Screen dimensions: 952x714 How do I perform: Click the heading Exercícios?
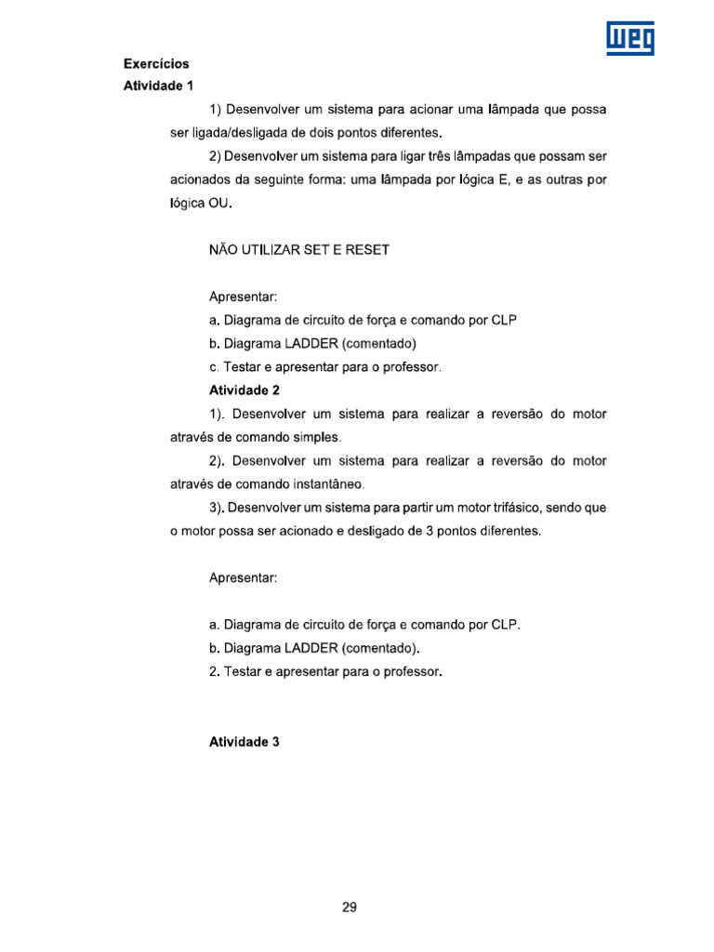(156, 64)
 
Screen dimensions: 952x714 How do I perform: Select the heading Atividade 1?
(159, 86)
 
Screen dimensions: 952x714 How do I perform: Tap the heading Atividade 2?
(245, 390)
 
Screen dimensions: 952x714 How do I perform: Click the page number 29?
(350, 907)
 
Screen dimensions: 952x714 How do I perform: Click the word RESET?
(365, 250)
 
